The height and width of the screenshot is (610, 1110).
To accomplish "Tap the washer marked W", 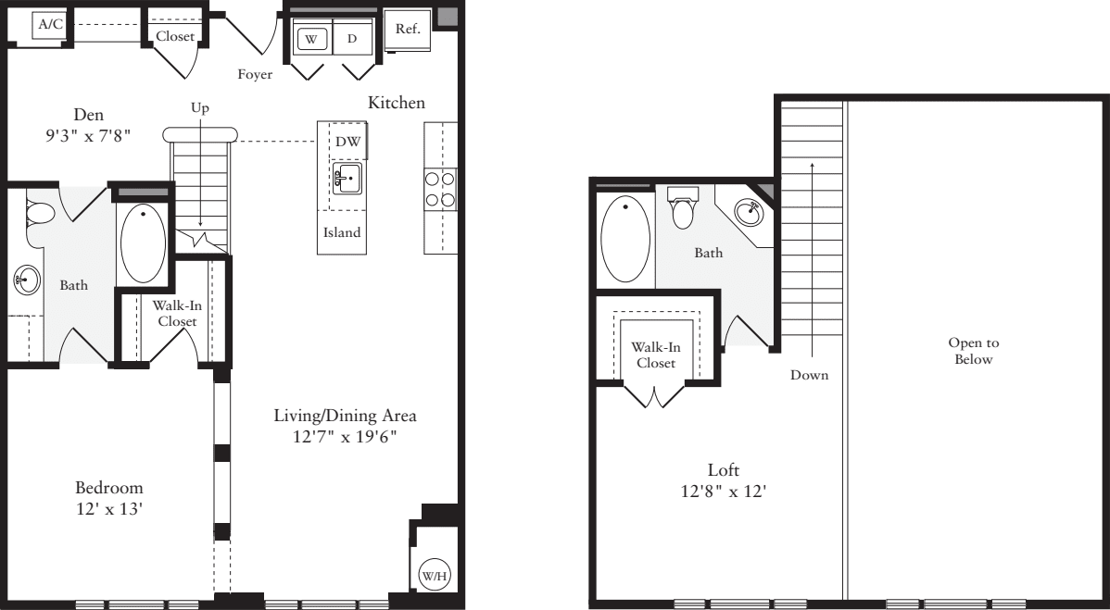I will [311, 39].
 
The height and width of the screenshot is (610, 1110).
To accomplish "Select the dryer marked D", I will [352, 39].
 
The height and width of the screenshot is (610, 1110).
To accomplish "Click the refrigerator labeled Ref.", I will [408, 29].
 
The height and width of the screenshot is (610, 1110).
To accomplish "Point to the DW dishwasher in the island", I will [348, 141].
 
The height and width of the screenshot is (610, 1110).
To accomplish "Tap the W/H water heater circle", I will [434, 574].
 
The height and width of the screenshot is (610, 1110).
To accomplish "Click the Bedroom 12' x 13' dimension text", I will [109, 508].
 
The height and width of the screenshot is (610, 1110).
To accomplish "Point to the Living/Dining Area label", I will [339, 416].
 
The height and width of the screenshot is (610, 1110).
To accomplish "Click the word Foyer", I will [254, 74].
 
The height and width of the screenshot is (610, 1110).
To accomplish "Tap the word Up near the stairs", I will [200, 108].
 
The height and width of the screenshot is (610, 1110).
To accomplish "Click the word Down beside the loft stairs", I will [810, 375].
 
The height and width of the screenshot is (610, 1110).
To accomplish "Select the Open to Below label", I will [973, 351].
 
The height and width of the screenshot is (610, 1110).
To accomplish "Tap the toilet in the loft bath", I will [684, 207].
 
